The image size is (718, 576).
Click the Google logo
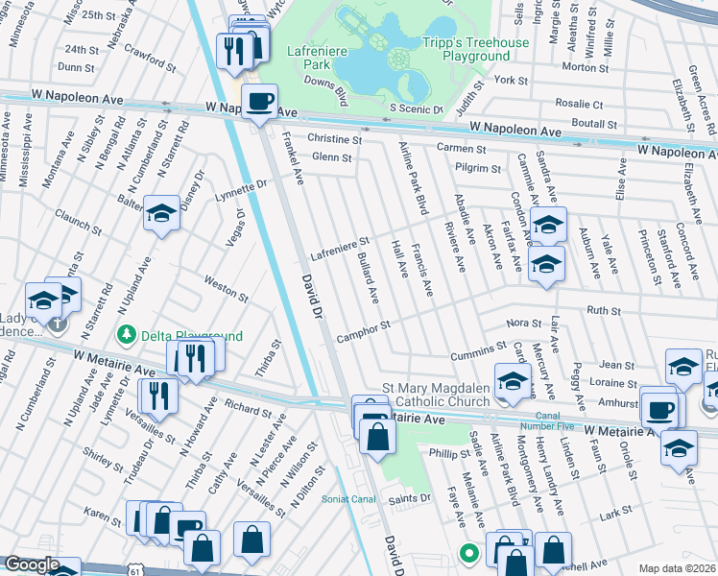[31, 564]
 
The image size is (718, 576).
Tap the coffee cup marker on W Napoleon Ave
[259, 102]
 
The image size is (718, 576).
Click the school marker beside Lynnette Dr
[162, 215]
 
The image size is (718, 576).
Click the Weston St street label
[227, 286]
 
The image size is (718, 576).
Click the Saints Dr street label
[409, 498]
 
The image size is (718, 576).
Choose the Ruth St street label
[604, 311]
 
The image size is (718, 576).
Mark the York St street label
[512, 81]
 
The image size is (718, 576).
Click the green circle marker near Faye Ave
[468, 553]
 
